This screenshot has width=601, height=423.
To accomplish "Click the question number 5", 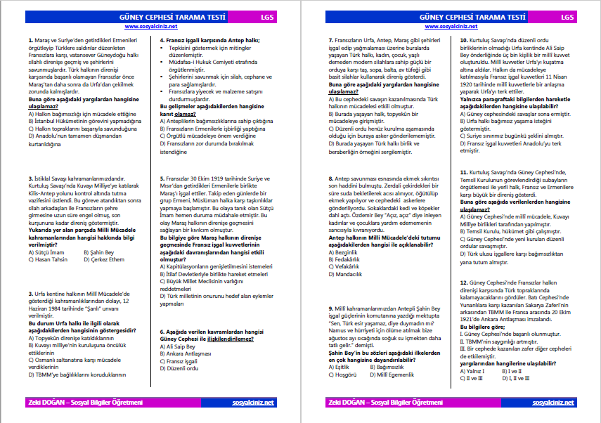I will (x=162, y=178).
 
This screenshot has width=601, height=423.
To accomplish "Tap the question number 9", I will (x=331, y=308).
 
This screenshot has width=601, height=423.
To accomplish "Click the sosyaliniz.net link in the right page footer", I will (x=554, y=403).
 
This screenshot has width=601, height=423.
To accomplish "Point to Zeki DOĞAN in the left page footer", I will (x=44, y=403).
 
